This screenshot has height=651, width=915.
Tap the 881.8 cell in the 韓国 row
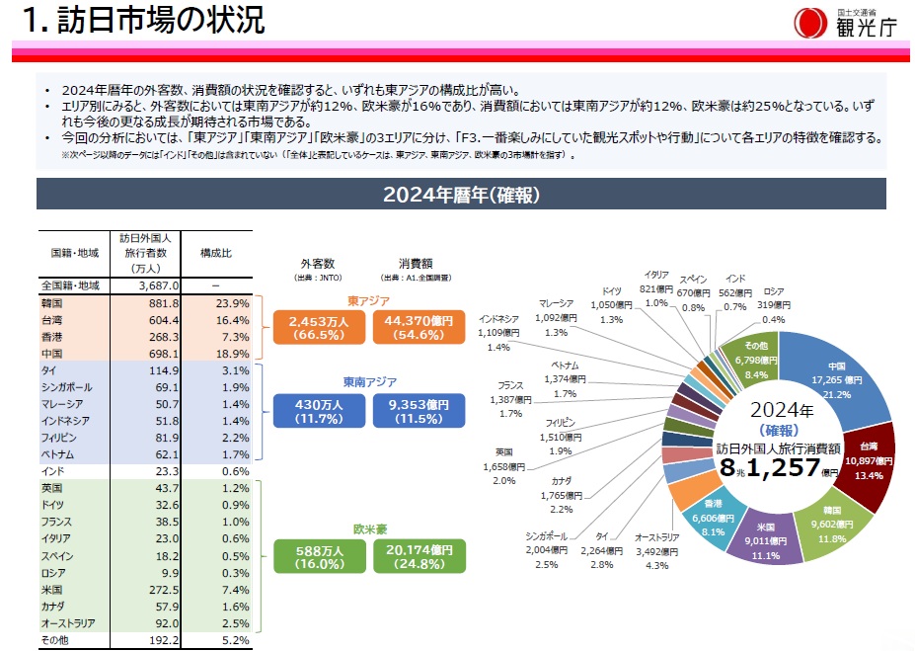[162, 303]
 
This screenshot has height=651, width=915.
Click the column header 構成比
[215, 254]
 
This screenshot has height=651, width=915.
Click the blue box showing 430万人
[319, 412]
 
